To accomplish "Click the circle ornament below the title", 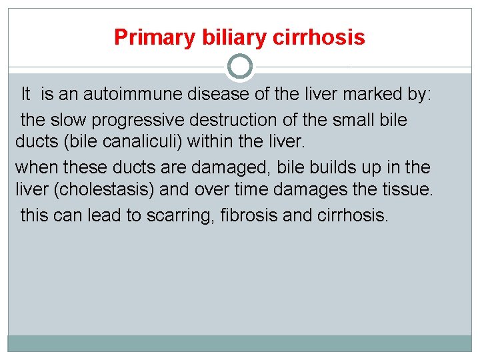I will pyautogui.click(x=240, y=67).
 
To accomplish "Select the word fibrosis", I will pyautogui.click(x=247, y=215).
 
